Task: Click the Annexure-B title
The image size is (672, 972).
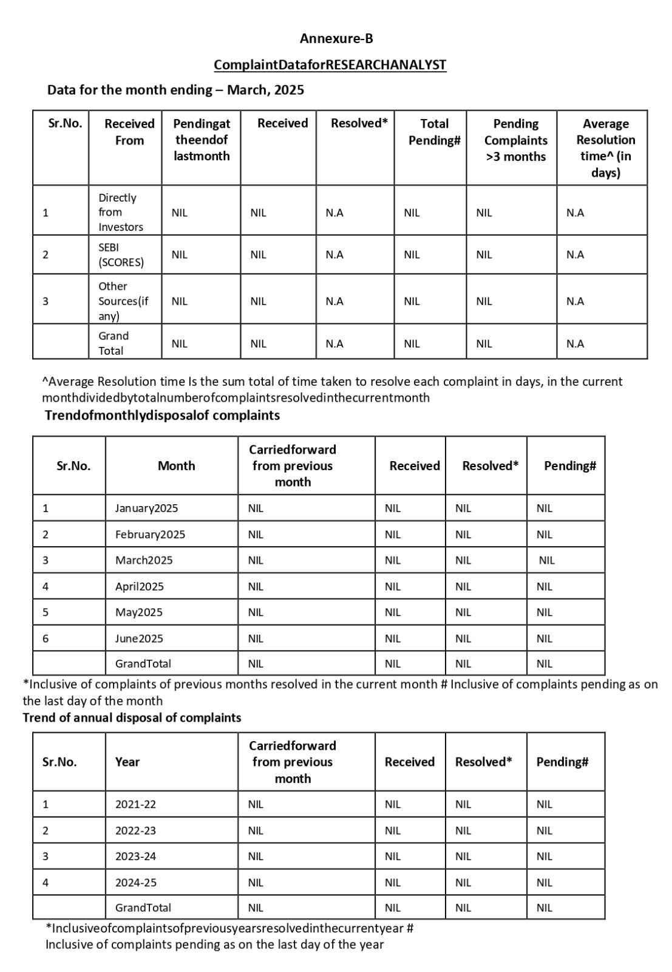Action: [x=336, y=39]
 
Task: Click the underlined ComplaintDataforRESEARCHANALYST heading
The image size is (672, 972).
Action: [x=330, y=65]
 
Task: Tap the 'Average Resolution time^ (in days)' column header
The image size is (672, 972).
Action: [x=605, y=148]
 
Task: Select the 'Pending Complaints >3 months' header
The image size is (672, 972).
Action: [x=515, y=140]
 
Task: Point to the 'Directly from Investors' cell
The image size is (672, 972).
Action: [x=121, y=212]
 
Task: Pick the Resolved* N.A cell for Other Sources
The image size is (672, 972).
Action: [x=334, y=301]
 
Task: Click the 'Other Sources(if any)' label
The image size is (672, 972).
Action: [x=123, y=301]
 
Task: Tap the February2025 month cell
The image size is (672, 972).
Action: [x=150, y=535]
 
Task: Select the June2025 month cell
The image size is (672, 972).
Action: [x=139, y=638]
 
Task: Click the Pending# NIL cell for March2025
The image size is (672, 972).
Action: [x=546, y=560]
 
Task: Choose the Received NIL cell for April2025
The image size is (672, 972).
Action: [x=393, y=586]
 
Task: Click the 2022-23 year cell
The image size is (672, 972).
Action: [x=135, y=830]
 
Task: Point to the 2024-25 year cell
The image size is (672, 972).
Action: [x=135, y=882]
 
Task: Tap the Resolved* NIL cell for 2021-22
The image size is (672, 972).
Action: [x=463, y=804]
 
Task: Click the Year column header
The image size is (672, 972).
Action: [x=127, y=762]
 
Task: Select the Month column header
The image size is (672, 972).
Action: [x=176, y=466]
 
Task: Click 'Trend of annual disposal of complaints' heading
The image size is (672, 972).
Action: [x=132, y=717]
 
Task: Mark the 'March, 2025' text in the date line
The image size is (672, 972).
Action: [x=265, y=90]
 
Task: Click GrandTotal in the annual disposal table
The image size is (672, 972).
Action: [x=143, y=908]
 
